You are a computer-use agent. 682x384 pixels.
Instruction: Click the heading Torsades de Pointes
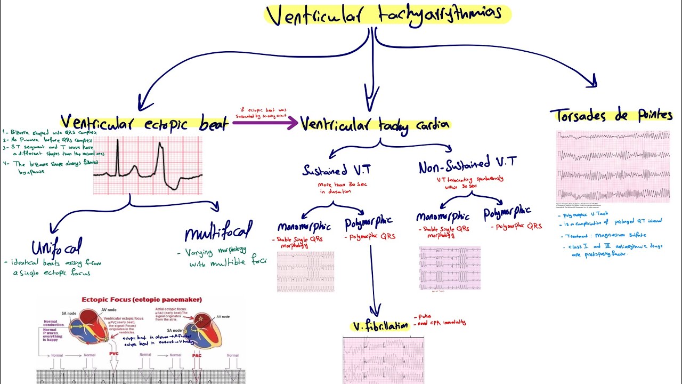[611, 116]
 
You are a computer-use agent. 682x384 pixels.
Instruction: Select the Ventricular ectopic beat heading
[144, 124]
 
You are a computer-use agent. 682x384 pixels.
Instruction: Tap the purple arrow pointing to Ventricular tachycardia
[265, 123]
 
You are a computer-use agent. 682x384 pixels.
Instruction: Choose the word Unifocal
[56, 247]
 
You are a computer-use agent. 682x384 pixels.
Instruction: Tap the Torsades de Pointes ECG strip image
[613, 166]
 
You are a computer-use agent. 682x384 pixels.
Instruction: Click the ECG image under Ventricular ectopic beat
[148, 165]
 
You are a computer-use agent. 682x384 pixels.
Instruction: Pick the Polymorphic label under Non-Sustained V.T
[507, 214]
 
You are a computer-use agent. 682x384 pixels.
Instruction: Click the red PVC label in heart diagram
[114, 353]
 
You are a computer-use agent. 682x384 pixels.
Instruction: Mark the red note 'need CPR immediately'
[442, 323]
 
